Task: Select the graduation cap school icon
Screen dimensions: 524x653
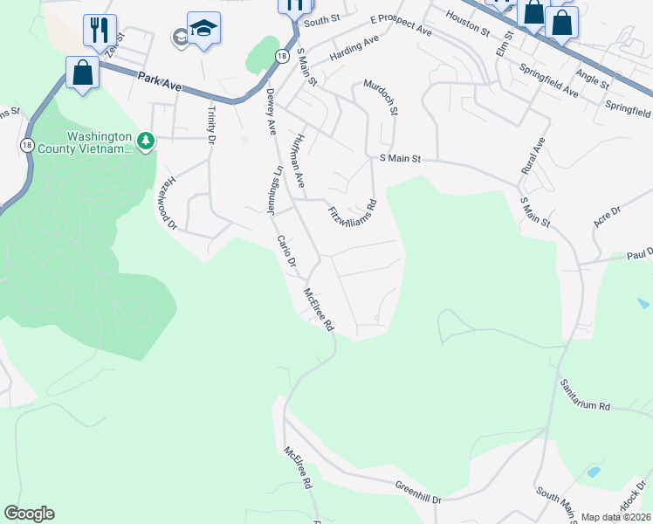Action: [x=203, y=30]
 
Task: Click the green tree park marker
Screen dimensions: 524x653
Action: [x=147, y=140]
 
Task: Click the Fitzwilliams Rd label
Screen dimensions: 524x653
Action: [x=353, y=214]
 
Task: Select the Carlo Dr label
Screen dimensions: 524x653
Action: [x=287, y=251]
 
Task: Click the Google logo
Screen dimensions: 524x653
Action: [x=29, y=514]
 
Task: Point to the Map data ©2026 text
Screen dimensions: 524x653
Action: [x=615, y=517]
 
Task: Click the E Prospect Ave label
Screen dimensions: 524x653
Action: [x=401, y=24]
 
